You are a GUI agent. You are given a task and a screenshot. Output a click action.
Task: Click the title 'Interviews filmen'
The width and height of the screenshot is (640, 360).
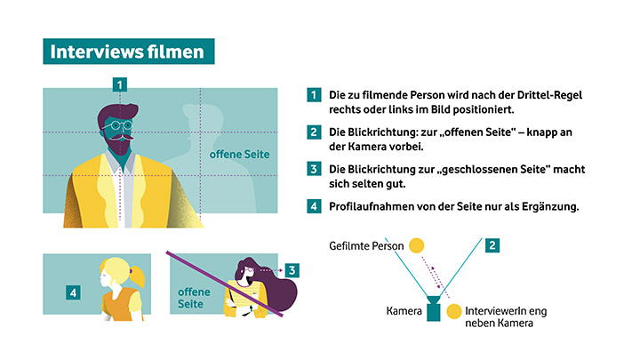pos(127,52)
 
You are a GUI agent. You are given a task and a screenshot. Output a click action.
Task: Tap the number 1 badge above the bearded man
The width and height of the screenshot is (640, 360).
pos(120,84)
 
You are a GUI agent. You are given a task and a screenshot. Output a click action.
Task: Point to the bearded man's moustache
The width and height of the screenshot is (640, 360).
pos(123,140)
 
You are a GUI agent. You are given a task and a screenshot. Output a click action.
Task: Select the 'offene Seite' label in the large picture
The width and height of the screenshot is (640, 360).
pos(239,155)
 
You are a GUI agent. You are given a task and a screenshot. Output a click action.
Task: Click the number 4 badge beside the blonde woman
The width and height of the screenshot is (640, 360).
pos(74,292)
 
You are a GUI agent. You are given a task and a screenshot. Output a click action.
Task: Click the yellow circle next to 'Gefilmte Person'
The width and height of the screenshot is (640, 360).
pos(417,244)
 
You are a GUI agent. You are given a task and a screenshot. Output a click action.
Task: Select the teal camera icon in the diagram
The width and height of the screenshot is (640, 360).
pos(434,310)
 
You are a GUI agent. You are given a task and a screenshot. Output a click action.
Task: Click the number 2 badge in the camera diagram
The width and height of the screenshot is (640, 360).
pos(492,244)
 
